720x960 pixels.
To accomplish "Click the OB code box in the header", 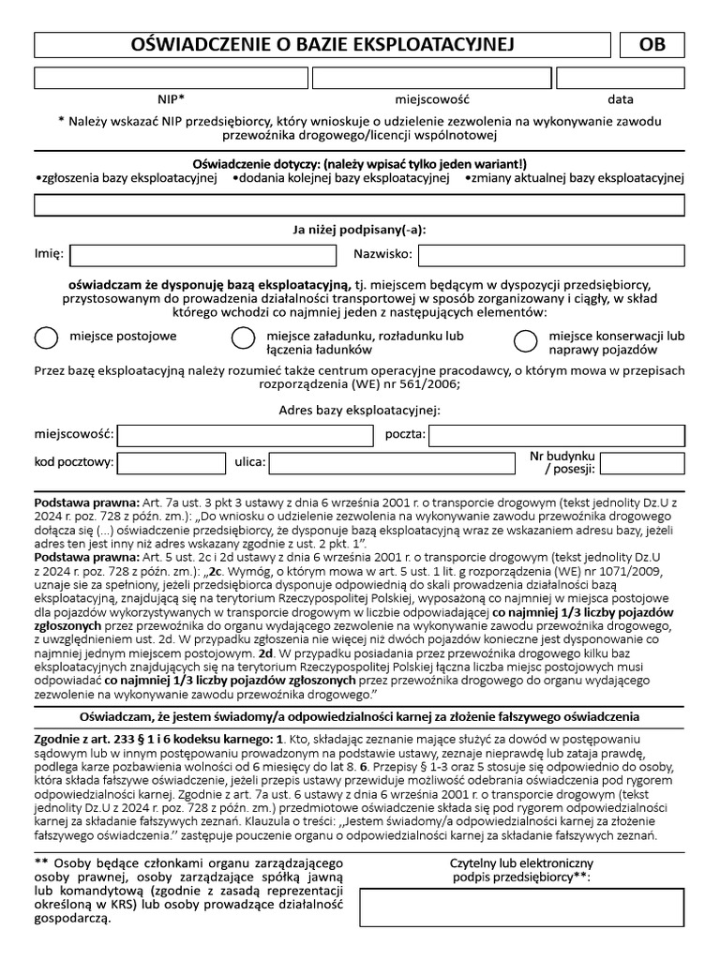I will tap(652, 45).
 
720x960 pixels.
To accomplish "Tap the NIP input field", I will tap(172, 78).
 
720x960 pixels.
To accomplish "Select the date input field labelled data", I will tap(621, 78).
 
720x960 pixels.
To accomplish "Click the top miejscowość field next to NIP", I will tap(431, 78).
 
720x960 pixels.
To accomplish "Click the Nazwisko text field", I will tap(551, 254).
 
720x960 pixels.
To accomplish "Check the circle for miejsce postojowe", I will tap(45, 338).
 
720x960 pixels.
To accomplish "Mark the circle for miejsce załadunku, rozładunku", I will tap(243, 338).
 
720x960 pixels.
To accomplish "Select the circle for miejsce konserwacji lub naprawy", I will tap(526, 338).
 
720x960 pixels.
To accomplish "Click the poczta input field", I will tap(557, 435).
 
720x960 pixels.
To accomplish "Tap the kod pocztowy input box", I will tap(157, 462).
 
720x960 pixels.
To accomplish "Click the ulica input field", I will tap(392, 462).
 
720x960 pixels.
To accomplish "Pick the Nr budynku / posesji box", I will tap(641, 462).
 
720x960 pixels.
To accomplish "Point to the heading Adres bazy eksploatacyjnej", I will tap(360, 409).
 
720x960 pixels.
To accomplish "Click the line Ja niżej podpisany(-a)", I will tap(360, 229).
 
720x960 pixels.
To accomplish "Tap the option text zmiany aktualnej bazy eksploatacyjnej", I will tap(576, 176).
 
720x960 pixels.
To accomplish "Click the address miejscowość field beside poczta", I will tap(245, 435).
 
